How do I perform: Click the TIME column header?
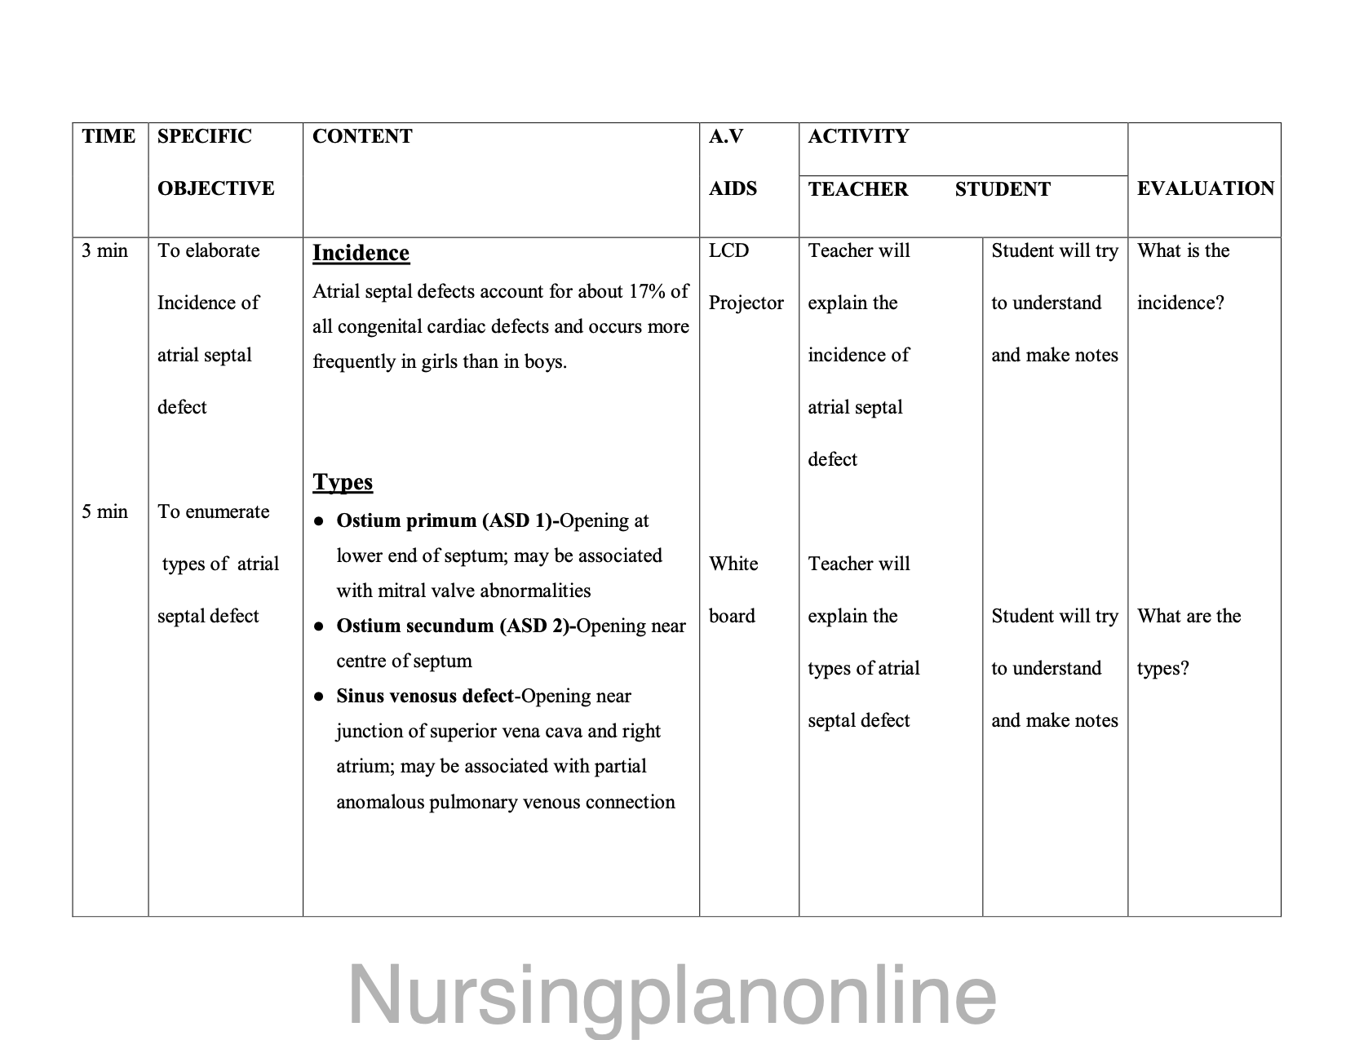click(x=108, y=136)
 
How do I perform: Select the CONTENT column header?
click(x=362, y=136)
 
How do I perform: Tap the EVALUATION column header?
click(x=1205, y=188)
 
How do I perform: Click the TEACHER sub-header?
click(x=857, y=189)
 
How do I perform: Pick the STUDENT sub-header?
click(x=1003, y=189)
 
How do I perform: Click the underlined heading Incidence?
click(x=361, y=253)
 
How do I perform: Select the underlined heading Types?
click(x=343, y=482)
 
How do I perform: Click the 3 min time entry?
click(x=104, y=250)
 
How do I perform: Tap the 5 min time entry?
click(x=104, y=511)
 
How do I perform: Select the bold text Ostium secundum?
click(x=415, y=626)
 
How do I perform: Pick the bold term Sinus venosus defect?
click(x=425, y=696)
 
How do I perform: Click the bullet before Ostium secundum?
click(x=321, y=626)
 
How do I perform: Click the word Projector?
click(x=746, y=303)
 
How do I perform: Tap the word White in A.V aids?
click(x=733, y=564)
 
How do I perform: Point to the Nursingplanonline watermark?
click(x=672, y=995)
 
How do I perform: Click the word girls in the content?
click(x=439, y=361)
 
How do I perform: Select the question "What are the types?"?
click(x=1189, y=642)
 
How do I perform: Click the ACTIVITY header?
click(x=858, y=136)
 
